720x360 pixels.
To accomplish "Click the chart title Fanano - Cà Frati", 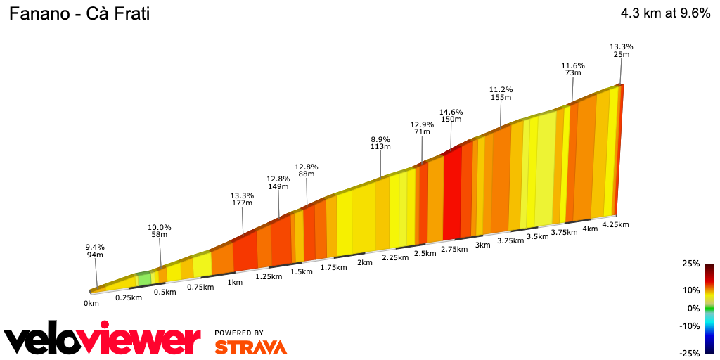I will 79,13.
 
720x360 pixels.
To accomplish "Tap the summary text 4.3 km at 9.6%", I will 665,13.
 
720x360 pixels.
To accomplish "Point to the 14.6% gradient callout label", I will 451,116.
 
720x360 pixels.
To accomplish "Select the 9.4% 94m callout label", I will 95,251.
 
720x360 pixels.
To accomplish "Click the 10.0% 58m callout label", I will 160,231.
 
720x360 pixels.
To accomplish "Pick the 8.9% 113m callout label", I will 380,143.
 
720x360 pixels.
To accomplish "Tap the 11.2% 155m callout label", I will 501,94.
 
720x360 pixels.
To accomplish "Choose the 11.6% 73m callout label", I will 573,69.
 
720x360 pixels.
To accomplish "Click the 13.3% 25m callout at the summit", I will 620,51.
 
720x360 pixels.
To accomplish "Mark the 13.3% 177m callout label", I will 242,199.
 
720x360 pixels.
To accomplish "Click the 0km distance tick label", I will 91,303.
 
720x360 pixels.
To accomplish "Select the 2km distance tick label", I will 364,262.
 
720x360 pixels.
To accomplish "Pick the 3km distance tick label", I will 482,245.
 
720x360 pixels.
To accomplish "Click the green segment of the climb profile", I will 143,278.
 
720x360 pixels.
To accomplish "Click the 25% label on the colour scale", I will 690,264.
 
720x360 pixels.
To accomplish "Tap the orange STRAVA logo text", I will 250,347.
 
